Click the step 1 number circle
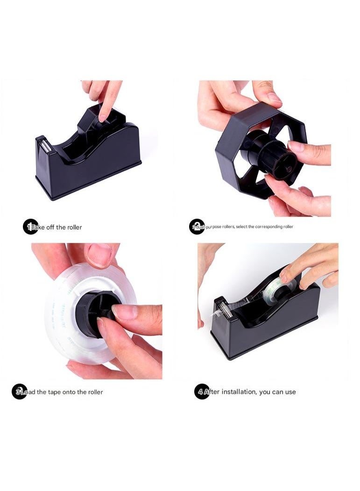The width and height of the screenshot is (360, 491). coord(30,227)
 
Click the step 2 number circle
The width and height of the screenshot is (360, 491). coord(197,227)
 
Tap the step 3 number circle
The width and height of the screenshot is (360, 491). coord(20,391)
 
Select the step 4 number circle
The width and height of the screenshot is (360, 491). coord(201,391)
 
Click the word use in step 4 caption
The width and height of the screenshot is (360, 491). coord(290,392)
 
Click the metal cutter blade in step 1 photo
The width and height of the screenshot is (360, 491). coord(42,145)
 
